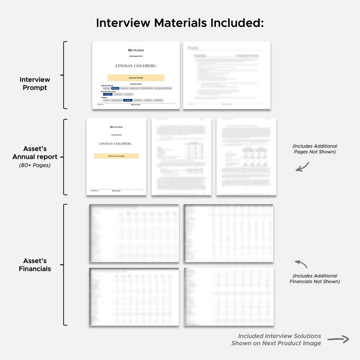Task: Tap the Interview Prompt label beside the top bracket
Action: pyautogui.click(x=35, y=83)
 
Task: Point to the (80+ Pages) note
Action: pyautogui.click(x=35, y=165)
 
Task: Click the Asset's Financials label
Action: pyautogui.click(x=35, y=265)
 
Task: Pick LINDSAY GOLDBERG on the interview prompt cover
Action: pyautogui.click(x=136, y=66)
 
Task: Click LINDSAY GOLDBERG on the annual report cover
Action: pyautogui.click(x=117, y=144)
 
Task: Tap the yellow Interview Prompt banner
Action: pyautogui.click(x=136, y=78)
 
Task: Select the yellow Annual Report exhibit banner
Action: pyautogui.click(x=117, y=156)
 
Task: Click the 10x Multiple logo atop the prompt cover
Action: pyautogui.click(x=136, y=50)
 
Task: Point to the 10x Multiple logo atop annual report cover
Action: pyautogui.click(x=117, y=127)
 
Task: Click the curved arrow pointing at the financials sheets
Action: pyautogui.click(x=301, y=264)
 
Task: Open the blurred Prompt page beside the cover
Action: pyautogui.click(x=226, y=75)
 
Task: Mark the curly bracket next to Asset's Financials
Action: pyautogui.click(x=66, y=265)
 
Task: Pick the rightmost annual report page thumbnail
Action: pyautogui.click(x=246, y=157)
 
